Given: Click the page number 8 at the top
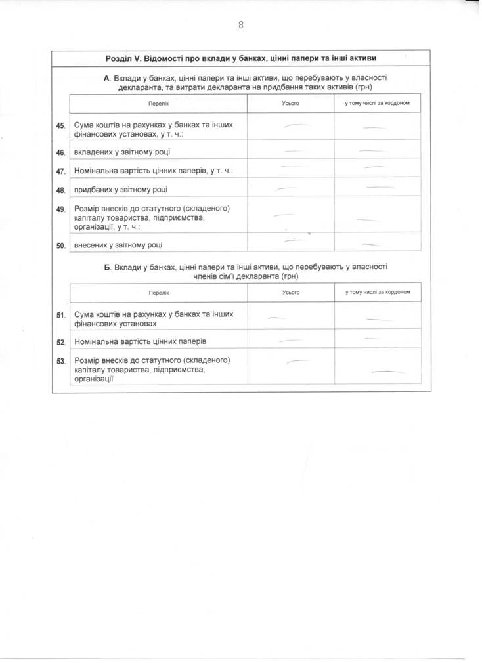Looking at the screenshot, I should pyautogui.click(x=241, y=25).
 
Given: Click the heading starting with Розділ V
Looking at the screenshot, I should pyautogui.click(x=241, y=58).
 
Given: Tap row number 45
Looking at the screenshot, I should pyautogui.click(x=61, y=126).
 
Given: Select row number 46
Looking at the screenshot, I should pyautogui.click(x=61, y=153).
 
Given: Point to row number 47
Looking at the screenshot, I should pyautogui.click(x=61, y=172).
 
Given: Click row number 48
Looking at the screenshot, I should pyautogui.click(x=61, y=191).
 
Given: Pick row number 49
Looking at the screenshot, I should pyautogui.click(x=61, y=210).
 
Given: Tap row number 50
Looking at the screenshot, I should pyautogui.click(x=61, y=246).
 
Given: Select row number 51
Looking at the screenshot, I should pyautogui.click(x=61, y=316).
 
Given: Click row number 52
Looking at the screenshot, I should pyautogui.click(x=61, y=343).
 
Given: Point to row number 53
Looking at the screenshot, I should pyautogui.click(x=61, y=362).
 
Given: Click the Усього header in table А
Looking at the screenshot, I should pyautogui.click(x=290, y=104).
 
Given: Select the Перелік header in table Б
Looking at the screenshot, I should pyautogui.click(x=158, y=293).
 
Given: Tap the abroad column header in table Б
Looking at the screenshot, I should pyautogui.click(x=377, y=293).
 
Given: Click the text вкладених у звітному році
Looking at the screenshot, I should pyautogui.click(x=121, y=152).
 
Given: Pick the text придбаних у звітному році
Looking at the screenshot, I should pyautogui.click(x=121, y=190).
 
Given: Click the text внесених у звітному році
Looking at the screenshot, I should pyautogui.click(x=119, y=245).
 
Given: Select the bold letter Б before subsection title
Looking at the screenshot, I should pyautogui.click(x=108, y=267).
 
